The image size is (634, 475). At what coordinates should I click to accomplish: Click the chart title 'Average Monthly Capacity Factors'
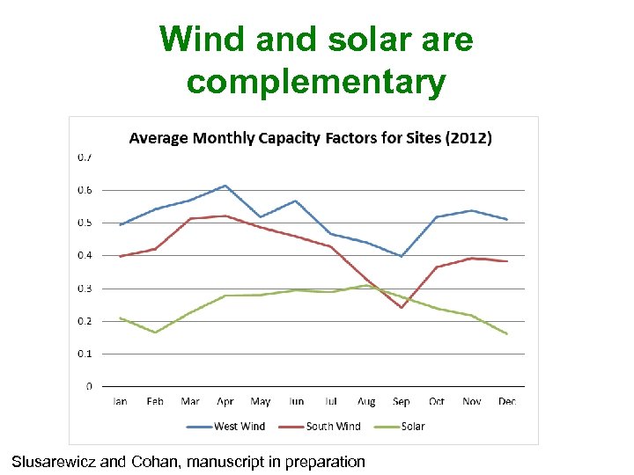[x=311, y=138]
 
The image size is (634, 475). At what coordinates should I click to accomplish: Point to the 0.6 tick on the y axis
[x=85, y=190]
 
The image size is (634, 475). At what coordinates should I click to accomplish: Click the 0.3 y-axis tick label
[x=85, y=289]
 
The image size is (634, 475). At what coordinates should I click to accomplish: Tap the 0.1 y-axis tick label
[x=85, y=354]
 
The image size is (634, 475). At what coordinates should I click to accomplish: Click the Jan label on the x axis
[x=120, y=402]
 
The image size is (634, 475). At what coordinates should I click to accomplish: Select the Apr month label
[x=225, y=402]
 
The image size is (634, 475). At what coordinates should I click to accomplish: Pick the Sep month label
[x=402, y=402]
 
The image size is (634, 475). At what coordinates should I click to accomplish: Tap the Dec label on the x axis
[x=507, y=402]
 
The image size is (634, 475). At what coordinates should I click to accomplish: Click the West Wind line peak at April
[x=225, y=186]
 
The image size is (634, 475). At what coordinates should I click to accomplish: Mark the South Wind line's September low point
[x=402, y=308]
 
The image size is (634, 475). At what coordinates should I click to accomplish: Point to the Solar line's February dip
[x=155, y=332]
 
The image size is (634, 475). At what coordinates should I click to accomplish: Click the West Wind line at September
[x=402, y=256]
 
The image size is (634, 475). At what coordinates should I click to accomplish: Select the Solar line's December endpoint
[x=507, y=333]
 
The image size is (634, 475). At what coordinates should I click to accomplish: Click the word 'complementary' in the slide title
[x=316, y=82]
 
